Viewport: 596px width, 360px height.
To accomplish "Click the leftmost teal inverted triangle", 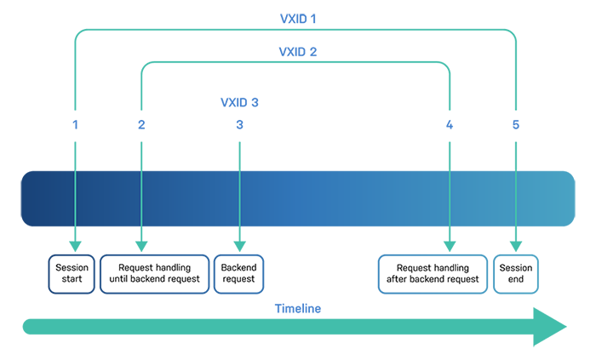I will [77, 150].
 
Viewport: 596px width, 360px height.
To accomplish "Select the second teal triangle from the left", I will [143, 150].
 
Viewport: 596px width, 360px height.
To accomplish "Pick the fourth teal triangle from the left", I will [450, 150].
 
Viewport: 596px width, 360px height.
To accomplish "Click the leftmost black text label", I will [66, 272].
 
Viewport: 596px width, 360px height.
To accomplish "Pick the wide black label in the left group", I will [153, 272].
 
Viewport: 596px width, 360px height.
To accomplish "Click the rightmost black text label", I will [516, 272].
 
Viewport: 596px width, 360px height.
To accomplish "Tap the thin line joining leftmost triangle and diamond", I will [77, 200].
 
